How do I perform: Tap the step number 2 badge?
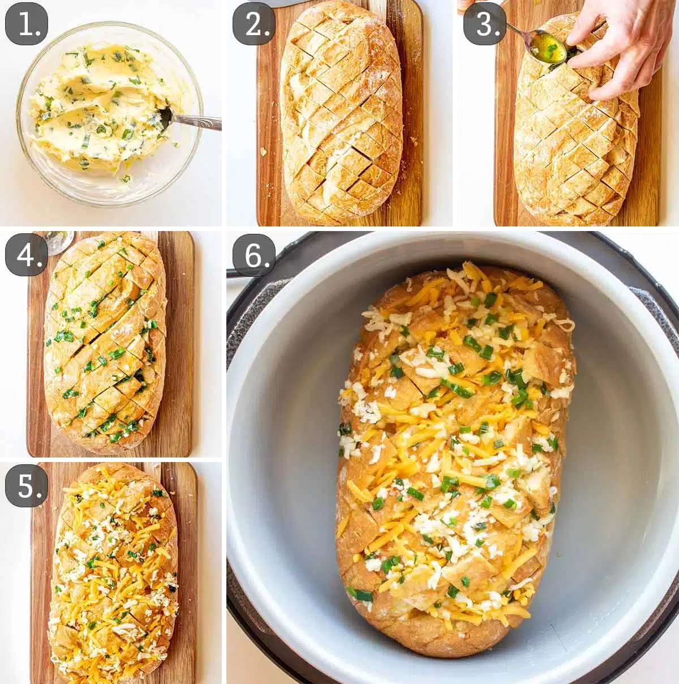[x=257, y=25]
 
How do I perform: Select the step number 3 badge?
[x=485, y=25]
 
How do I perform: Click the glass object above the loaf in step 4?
[x=59, y=241]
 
